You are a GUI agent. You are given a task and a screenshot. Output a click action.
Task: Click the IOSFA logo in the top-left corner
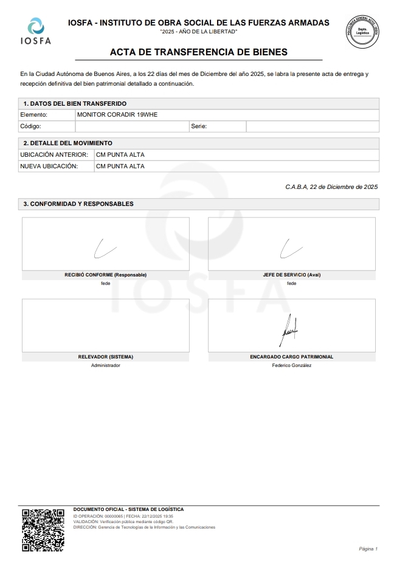36,30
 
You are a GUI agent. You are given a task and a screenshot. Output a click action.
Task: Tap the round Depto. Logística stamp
362,31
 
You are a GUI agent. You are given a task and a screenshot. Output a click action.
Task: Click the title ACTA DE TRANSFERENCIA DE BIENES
198,52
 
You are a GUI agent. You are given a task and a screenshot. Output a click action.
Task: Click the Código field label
30,126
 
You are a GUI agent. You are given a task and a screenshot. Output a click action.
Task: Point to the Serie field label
199,126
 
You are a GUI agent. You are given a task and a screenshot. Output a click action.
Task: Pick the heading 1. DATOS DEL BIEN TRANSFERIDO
75,103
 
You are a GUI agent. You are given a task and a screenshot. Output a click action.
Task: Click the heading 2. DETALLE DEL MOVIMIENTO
67,143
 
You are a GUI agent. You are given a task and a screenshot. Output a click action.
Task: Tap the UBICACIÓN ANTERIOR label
54,154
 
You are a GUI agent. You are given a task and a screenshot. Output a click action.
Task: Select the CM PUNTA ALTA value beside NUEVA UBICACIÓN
120,166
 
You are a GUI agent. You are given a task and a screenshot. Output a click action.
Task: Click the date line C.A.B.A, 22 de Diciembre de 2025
331,187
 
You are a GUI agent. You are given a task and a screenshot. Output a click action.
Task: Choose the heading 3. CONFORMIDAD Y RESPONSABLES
78,204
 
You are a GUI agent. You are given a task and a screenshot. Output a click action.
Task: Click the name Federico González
292,365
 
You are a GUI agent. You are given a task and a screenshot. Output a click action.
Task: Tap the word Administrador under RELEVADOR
106,365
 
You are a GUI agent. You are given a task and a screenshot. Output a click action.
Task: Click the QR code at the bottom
43,529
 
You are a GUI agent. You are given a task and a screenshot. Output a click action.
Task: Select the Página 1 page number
368,549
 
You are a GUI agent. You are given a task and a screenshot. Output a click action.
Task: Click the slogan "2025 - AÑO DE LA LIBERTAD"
198,32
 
